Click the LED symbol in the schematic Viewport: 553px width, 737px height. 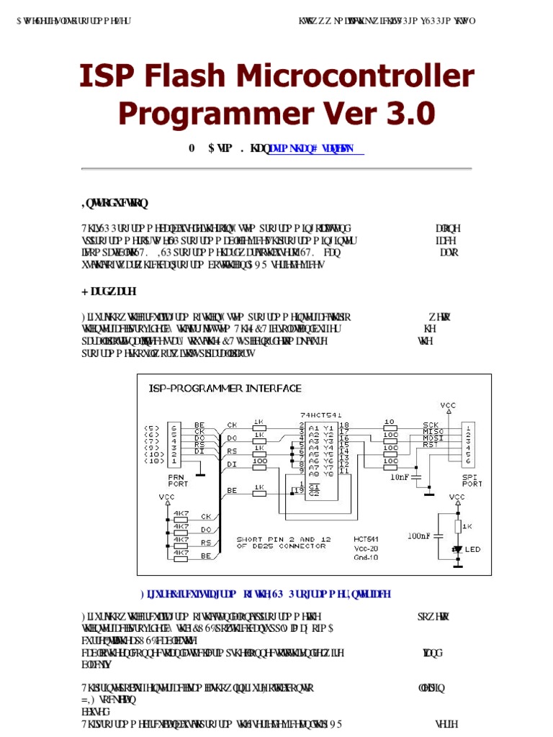coord(457,548)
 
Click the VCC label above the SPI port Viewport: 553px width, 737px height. coord(449,405)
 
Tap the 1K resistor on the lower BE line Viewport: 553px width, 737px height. coord(260,490)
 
